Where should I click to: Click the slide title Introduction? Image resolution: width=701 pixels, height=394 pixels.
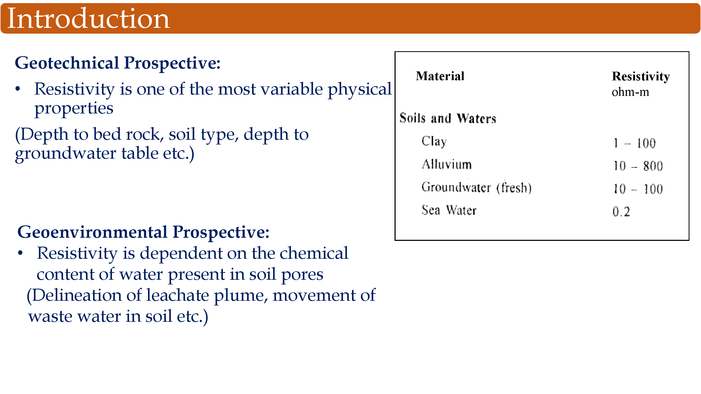pos(88,18)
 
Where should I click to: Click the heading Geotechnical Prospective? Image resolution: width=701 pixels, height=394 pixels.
pos(117,63)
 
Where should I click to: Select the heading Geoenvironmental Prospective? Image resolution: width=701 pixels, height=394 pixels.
pos(144,232)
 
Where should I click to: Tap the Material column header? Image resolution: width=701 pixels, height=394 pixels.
pos(440,76)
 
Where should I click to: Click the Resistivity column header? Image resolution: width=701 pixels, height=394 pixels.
pos(641,77)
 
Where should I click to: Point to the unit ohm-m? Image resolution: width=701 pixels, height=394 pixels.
pos(630,92)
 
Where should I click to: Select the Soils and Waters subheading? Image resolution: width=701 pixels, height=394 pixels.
pos(448,118)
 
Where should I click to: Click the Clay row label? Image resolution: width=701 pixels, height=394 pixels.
pos(434,141)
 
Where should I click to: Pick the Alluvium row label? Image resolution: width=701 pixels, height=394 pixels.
pos(447,164)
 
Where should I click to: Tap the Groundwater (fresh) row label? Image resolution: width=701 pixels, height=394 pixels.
pos(477,187)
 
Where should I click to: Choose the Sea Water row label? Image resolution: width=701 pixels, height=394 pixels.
pos(449,210)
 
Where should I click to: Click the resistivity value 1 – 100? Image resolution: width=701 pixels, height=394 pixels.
pos(635,143)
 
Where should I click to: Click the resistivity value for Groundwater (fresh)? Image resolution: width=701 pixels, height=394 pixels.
pos(638,189)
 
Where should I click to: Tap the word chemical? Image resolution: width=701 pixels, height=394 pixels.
pos(314,253)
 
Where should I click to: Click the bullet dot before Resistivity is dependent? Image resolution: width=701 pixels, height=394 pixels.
pos(20,253)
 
